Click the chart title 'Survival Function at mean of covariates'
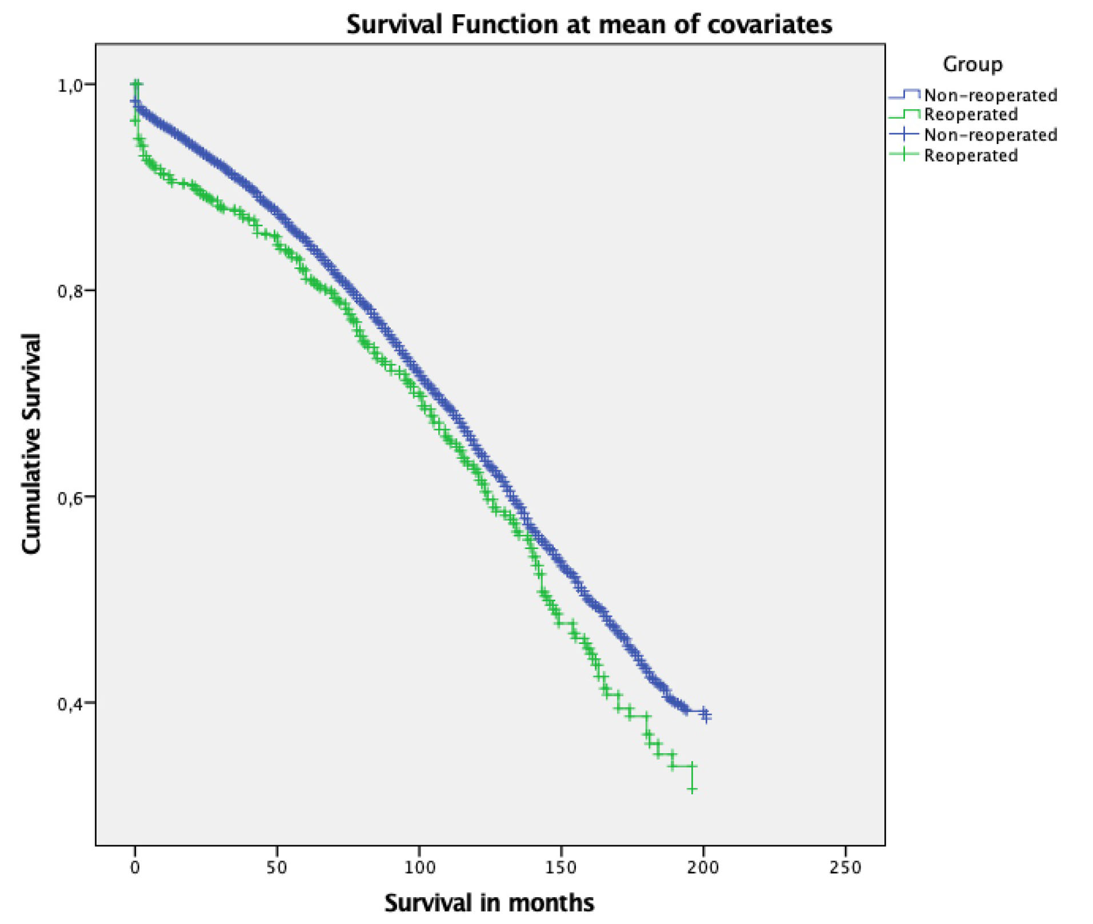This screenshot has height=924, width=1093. coord(589,25)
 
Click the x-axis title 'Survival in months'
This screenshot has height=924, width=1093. coord(489,902)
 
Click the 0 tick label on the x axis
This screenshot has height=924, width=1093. coord(135,867)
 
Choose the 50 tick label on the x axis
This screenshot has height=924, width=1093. coord(277,867)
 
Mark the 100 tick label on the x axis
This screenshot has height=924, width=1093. coord(419,867)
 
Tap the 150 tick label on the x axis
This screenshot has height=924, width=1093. coord(560,867)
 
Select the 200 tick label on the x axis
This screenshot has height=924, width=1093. coord(703,867)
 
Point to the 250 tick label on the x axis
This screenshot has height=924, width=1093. coord(844,867)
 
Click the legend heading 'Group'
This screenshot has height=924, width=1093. coord(972,64)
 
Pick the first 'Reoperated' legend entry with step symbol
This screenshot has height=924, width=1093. coord(971,114)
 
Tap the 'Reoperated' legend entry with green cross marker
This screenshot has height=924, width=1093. coord(971,155)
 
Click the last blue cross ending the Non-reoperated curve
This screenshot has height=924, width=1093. coord(707,715)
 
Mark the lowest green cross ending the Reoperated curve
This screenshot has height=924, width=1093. coord(692,789)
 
